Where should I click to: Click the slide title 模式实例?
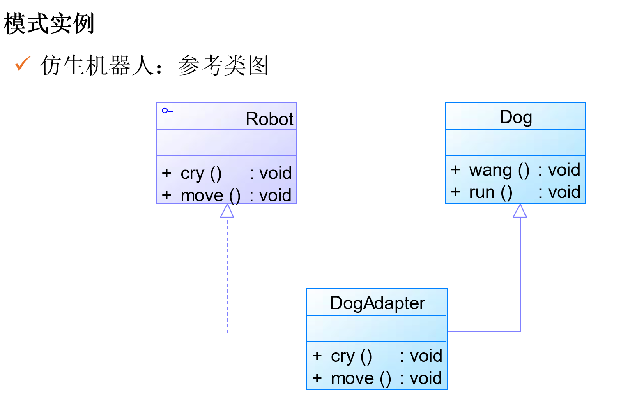(x=49, y=23)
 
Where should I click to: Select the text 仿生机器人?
(x=97, y=65)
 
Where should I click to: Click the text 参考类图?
(x=223, y=65)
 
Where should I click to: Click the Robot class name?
(x=269, y=119)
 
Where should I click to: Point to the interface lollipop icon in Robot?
(x=167, y=111)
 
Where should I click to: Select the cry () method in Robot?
(x=201, y=173)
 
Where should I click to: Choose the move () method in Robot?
(x=210, y=195)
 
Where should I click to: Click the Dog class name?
(x=516, y=117)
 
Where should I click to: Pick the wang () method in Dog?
(x=499, y=170)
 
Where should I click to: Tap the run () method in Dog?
(x=490, y=192)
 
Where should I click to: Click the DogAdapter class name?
(x=377, y=303)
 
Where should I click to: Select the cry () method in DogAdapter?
(x=351, y=356)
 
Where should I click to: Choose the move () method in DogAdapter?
(x=361, y=378)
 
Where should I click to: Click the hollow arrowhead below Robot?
(x=227, y=211)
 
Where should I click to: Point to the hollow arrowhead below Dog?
(x=520, y=211)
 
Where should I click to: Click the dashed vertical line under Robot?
(x=227, y=271)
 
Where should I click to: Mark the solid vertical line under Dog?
(x=520, y=271)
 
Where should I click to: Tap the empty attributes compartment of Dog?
(x=515, y=142)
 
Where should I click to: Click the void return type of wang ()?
(x=564, y=170)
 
